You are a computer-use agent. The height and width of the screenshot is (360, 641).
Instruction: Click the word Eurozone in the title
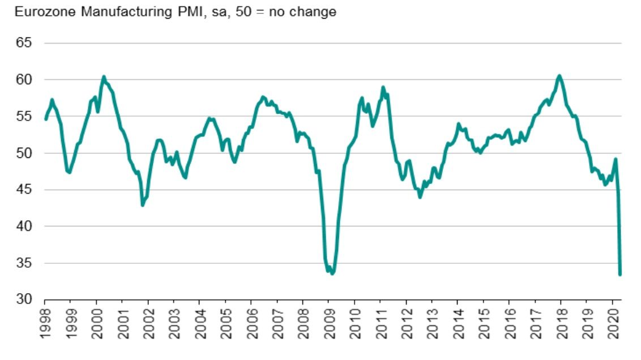point(39,12)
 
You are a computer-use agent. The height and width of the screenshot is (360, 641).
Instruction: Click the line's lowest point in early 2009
point(332,273)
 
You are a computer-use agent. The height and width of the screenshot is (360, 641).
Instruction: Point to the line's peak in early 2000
point(104,76)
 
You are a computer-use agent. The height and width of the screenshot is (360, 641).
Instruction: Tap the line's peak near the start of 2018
point(559,75)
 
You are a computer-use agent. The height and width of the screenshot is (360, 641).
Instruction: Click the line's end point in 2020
point(620,274)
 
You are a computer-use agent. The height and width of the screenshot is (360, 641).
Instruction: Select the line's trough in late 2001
point(143,205)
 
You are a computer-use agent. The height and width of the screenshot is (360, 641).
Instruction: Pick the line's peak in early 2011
point(383,87)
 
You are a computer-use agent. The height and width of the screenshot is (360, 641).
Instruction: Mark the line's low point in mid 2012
point(420,196)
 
